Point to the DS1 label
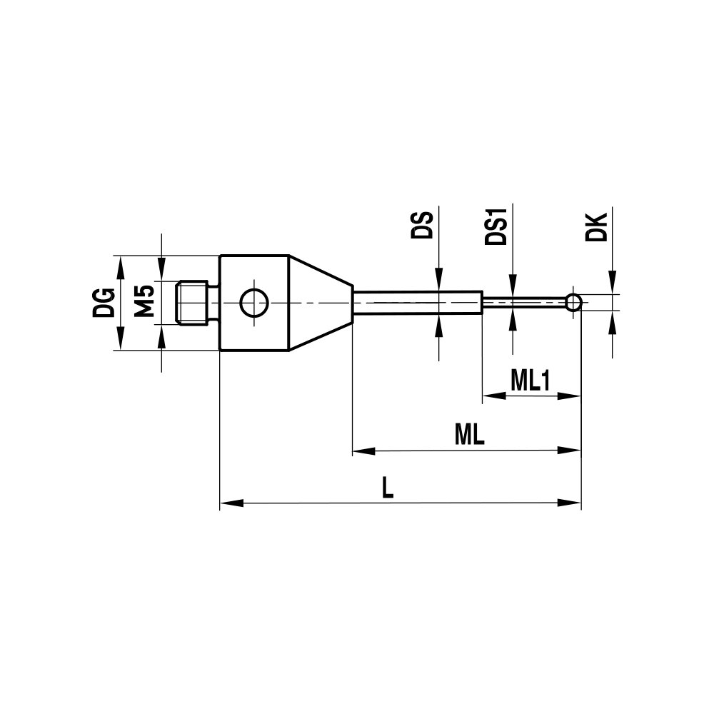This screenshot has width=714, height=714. (x=496, y=226)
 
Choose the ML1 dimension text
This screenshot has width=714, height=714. (x=530, y=381)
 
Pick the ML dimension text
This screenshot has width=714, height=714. (x=469, y=435)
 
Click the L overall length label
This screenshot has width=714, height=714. (x=387, y=488)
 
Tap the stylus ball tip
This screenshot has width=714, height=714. (x=573, y=302)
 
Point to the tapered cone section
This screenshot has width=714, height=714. (x=320, y=303)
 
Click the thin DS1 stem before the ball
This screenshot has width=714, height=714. (x=525, y=302)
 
